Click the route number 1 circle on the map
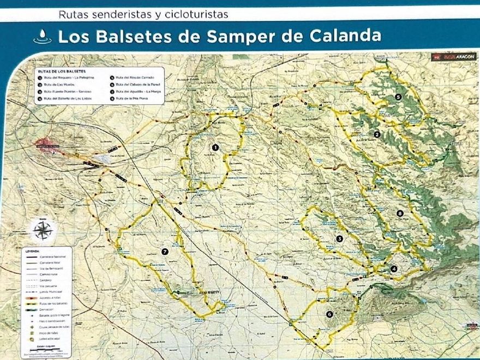tap(215, 147)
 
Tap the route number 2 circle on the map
tap(377, 134)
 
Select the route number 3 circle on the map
tap(339, 238)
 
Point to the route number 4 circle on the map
tap(394, 268)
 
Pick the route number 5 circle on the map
tap(398, 97)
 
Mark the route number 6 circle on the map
tap(329, 314)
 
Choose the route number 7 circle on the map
tap(164, 251)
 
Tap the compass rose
tap(43, 230)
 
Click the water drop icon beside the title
tap(42, 37)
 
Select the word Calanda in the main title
tap(345, 37)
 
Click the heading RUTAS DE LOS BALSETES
tap(62, 71)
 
